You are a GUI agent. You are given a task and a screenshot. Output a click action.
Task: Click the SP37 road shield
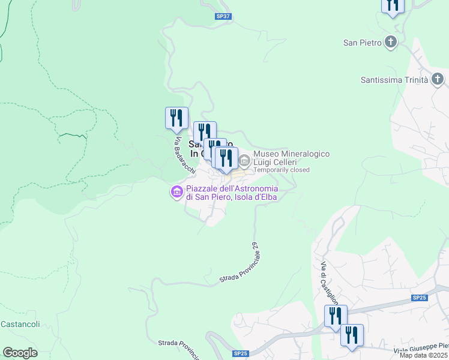pyautogui.click(x=223, y=16)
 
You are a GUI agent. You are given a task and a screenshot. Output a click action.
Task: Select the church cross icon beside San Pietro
pyautogui.click(x=391, y=42)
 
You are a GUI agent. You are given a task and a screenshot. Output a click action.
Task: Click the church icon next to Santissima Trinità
pyautogui.click(x=438, y=79)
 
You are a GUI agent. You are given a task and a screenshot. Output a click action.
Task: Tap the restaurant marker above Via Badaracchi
pyautogui.click(x=176, y=118)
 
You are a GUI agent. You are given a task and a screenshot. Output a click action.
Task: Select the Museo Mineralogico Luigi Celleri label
pyautogui.click(x=291, y=158)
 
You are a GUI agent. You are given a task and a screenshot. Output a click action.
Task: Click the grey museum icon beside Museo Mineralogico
pyautogui.click(x=245, y=161)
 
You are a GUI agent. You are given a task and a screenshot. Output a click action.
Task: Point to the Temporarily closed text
pyautogui.click(x=282, y=170)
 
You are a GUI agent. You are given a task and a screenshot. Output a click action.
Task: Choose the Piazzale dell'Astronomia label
pyautogui.click(x=237, y=193)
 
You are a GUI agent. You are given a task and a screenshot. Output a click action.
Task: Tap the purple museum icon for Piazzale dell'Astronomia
pyautogui.click(x=176, y=192)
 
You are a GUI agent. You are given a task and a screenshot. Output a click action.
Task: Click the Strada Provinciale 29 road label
pyautogui.click(x=240, y=263)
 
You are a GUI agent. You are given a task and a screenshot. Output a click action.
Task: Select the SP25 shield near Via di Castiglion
pyautogui.click(x=419, y=298)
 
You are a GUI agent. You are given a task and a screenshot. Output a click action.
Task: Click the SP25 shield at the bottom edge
pyautogui.click(x=241, y=353)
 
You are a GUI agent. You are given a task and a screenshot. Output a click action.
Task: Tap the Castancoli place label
pyautogui.click(x=20, y=325)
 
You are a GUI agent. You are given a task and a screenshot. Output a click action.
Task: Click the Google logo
pyautogui.click(x=20, y=352)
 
